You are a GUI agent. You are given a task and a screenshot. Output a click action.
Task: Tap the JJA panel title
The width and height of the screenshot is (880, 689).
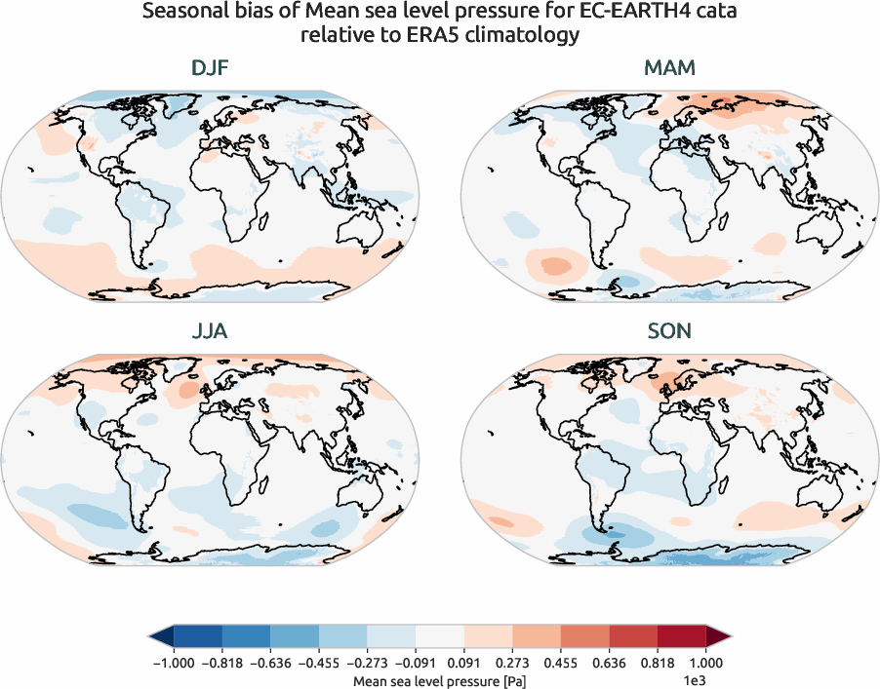click(x=211, y=331)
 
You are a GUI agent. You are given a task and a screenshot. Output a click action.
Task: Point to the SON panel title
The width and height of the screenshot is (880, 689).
click(x=669, y=331)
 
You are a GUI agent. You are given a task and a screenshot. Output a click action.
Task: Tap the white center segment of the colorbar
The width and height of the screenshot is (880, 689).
click(x=440, y=637)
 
